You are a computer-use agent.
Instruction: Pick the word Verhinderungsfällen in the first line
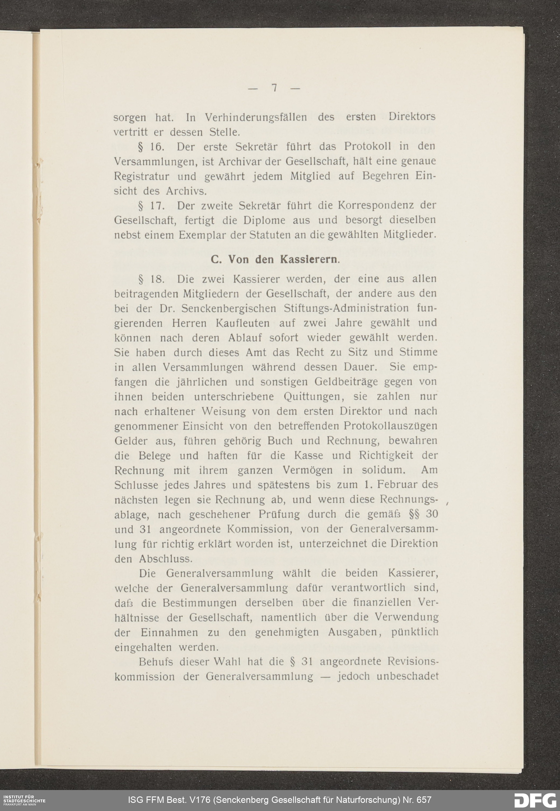coord(256,117)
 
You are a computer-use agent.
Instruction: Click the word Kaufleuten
coord(242,323)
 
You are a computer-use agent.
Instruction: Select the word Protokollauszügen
coord(390,426)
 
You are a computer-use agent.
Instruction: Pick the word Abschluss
coord(165,558)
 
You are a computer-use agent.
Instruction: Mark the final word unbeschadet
coord(407,676)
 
